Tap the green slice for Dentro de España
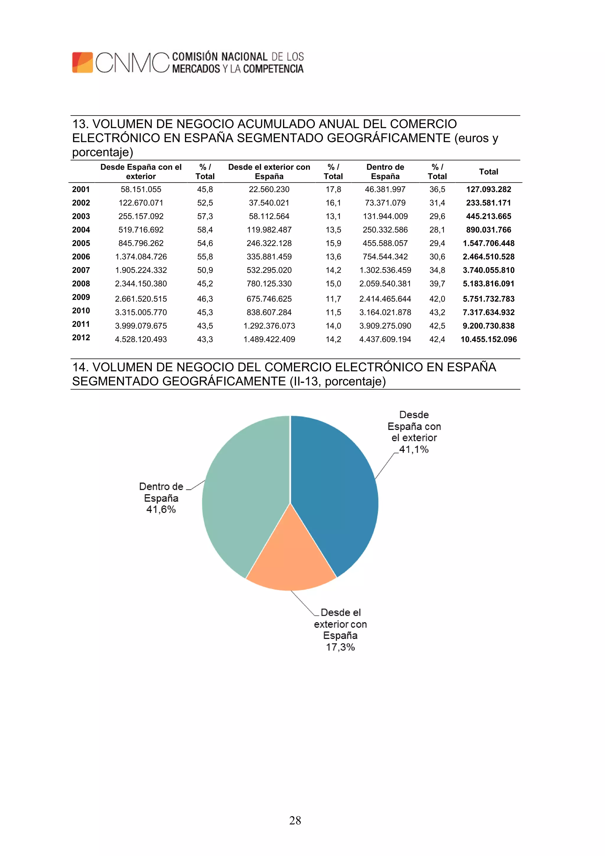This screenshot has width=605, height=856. click(242, 496)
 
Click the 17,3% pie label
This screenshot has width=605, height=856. click(340, 647)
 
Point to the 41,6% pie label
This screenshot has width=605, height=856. click(161, 510)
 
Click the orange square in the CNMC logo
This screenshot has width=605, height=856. click(82, 62)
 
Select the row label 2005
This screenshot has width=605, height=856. click(81, 243)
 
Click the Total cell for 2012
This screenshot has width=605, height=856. click(488, 339)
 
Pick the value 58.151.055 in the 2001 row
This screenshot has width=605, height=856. click(141, 189)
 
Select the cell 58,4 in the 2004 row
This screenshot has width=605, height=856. click(205, 230)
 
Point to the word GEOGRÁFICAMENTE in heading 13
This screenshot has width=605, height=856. click(389, 138)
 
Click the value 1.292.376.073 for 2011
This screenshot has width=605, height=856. click(269, 326)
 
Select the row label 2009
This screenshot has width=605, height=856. click(81, 297)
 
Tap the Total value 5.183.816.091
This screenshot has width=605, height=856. click(488, 284)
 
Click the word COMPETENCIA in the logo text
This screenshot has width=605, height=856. click(273, 69)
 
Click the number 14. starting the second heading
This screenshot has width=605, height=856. click(80, 367)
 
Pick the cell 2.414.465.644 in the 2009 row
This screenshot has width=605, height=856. click(385, 299)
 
